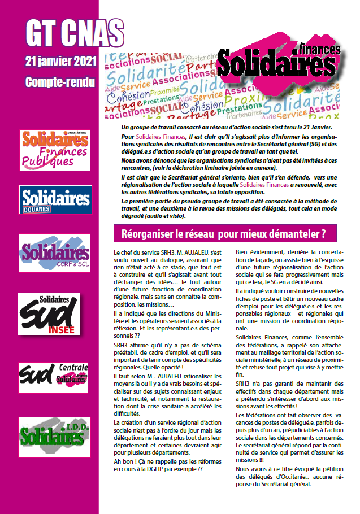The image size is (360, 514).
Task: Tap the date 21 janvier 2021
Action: (x=61, y=60)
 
